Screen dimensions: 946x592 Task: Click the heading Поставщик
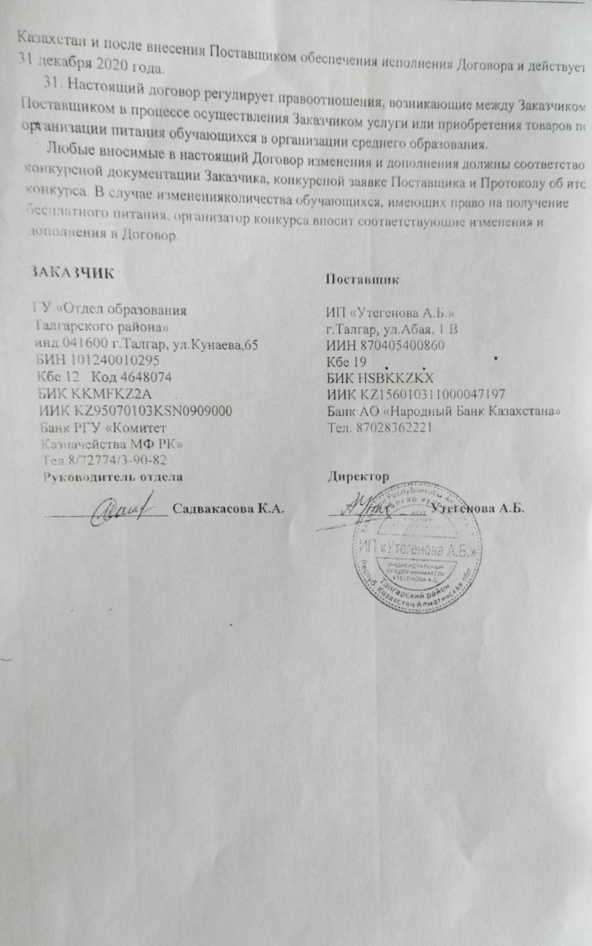point(363,279)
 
